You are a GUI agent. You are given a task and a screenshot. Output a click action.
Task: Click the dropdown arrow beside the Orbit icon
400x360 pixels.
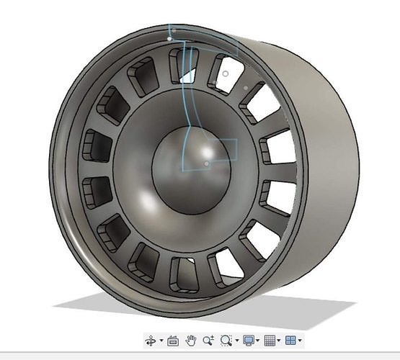pos(161,341)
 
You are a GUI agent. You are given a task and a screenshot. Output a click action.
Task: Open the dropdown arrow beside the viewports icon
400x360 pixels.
pos(300,341)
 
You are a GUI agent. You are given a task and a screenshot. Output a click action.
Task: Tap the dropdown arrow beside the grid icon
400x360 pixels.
pos(279,341)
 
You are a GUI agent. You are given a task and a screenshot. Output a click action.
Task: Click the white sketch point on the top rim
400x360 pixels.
pos(170,40)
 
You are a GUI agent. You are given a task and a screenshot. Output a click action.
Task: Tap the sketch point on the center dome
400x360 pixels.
pos(207,163)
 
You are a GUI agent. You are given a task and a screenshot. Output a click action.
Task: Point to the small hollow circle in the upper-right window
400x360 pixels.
pos(226,73)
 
